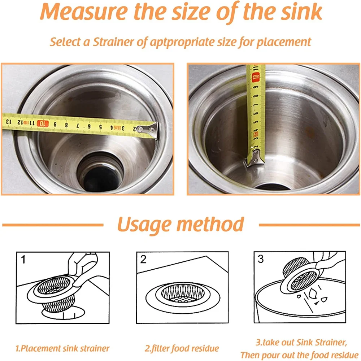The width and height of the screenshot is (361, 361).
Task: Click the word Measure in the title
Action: point(84,12)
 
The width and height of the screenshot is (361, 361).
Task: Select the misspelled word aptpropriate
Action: point(193,42)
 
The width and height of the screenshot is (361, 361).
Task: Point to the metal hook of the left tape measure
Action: point(148,130)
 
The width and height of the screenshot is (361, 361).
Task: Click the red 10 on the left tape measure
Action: point(43,123)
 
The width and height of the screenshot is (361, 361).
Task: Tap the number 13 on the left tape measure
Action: point(8,121)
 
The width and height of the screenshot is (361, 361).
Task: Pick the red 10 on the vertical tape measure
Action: point(256,77)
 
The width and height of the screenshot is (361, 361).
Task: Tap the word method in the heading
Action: point(210,224)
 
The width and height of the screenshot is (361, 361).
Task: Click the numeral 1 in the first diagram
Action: point(23,260)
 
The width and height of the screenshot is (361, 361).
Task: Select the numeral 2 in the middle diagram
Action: point(143,260)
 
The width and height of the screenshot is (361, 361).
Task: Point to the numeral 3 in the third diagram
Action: point(261,259)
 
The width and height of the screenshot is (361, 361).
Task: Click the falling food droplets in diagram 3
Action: point(313,297)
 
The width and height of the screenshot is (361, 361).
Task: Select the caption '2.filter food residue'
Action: point(182,348)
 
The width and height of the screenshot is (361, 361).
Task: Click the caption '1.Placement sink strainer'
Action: point(62,348)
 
